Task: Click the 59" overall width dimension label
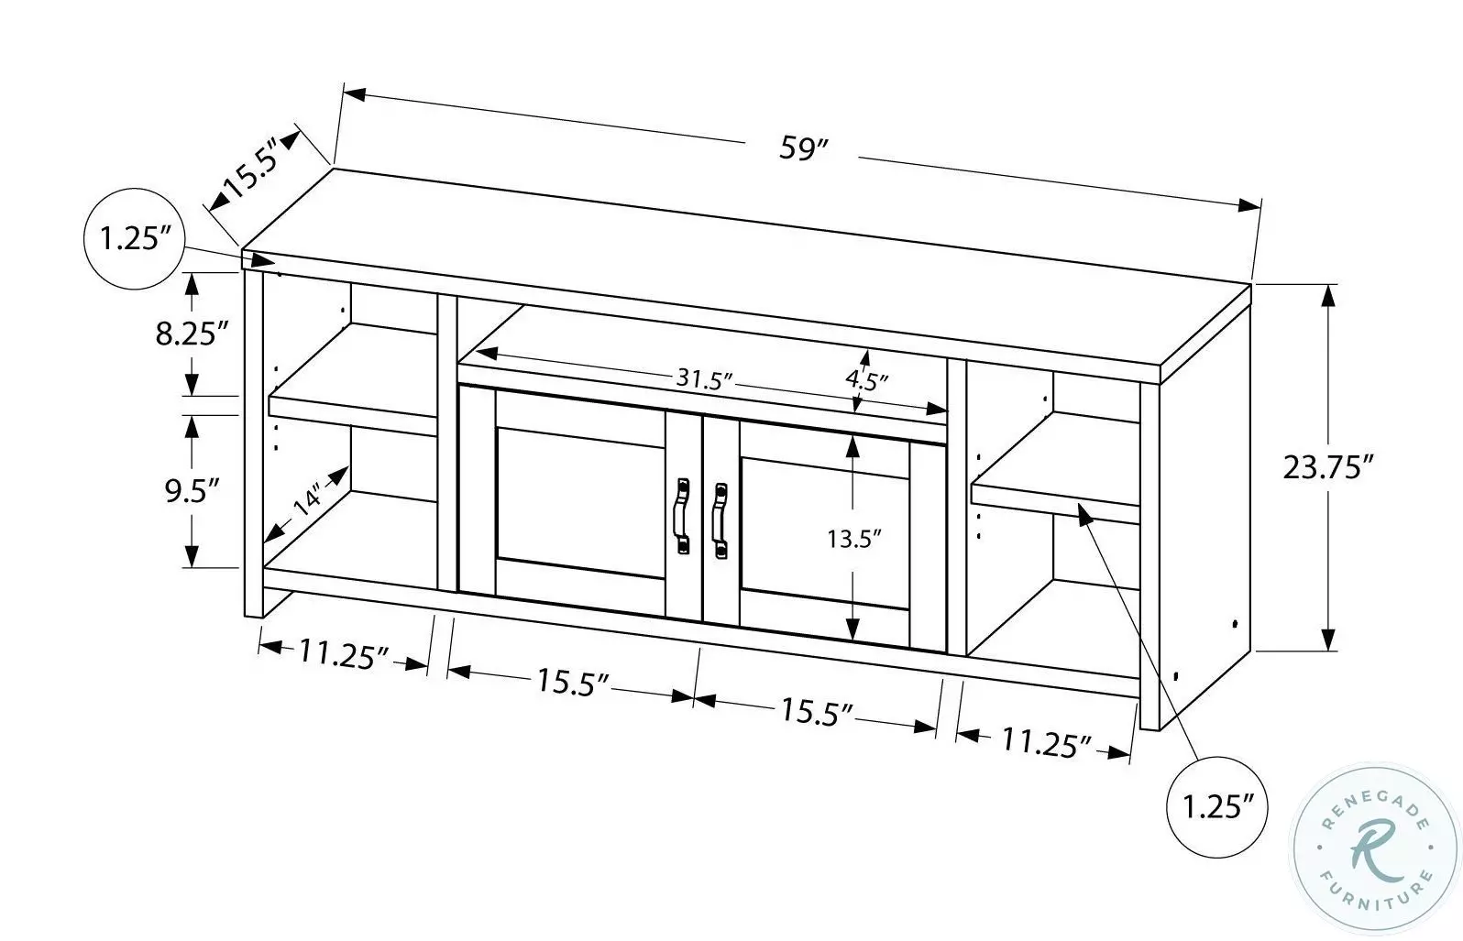coord(804,149)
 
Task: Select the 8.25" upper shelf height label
coord(191,333)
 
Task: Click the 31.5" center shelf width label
coord(704,377)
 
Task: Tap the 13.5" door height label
coord(853,538)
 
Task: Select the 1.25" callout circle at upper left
coord(136,240)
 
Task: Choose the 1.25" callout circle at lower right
coord(1217,806)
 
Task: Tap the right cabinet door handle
coord(720,520)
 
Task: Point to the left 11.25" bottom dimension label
coord(344,654)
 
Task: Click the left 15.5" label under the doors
coord(573,682)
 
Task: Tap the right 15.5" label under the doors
coord(817,711)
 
